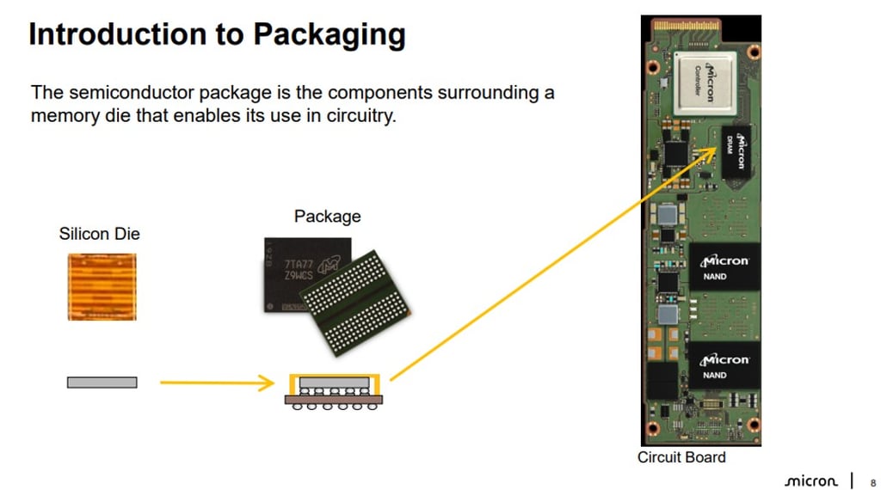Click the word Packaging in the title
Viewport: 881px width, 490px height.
[x=329, y=35]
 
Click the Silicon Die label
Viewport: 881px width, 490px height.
[x=99, y=234]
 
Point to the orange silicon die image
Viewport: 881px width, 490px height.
[x=102, y=287]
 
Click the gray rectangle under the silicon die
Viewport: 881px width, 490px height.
[x=102, y=382]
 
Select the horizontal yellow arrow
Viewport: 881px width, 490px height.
[x=216, y=382]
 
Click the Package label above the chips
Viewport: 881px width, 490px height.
[x=327, y=217]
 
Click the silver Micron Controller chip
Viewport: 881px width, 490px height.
[x=705, y=83]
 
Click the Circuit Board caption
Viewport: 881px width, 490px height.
[x=681, y=457]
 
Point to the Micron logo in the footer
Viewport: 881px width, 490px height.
[x=810, y=481]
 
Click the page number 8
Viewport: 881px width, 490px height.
[x=873, y=481]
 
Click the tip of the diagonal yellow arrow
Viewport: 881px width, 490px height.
[x=716, y=149]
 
